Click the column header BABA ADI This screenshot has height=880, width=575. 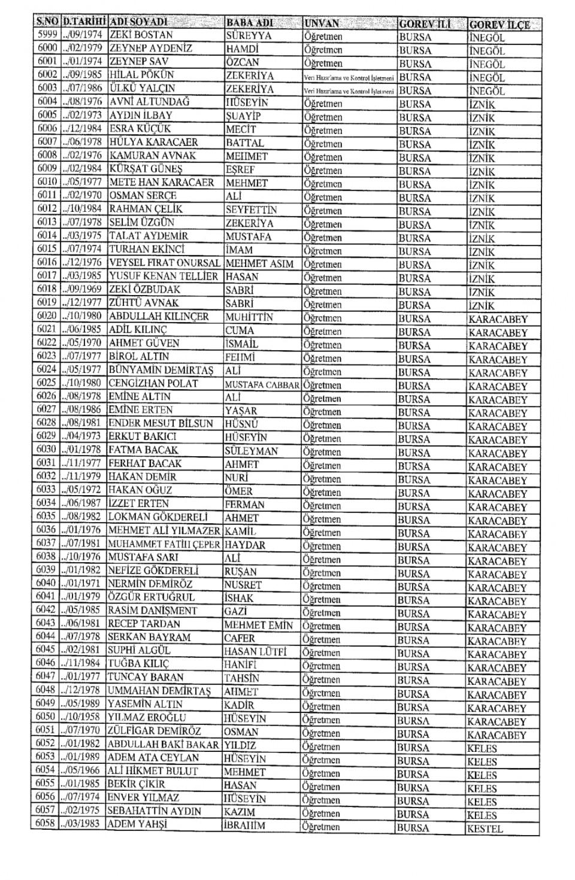coord(250,23)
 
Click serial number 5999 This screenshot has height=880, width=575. coord(46,35)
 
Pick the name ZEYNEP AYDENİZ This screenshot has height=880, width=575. coord(150,48)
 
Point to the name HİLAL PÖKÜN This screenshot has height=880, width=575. coord(141,75)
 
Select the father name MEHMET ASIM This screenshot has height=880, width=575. coord(259,263)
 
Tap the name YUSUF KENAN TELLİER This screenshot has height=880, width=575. coord(163,276)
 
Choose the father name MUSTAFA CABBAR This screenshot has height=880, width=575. coord(262,384)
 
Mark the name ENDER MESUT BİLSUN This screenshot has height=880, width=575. coord(161,423)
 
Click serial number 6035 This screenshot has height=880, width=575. coord(46,517)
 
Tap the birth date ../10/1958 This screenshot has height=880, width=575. coord(81,717)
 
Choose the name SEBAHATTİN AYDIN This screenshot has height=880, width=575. coord(154,811)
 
